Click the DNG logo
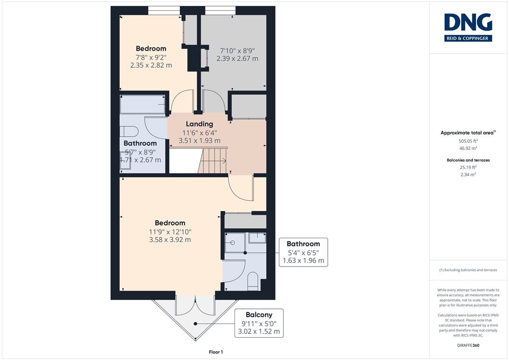[x=468, y=27]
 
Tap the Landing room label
[x=199, y=124]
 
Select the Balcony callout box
[x=259, y=323]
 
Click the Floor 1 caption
[x=216, y=352]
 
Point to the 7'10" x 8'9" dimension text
[x=237, y=51]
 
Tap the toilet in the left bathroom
[x=129, y=131]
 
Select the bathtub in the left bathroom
[x=143, y=104]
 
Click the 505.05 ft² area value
[x=468, y=141]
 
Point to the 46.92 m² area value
[x=468, y=148]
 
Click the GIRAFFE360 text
[x=468, y=346]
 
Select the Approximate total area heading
[x=468, y=132]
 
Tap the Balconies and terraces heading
[x=468, y=160]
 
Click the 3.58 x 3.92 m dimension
[x=170, y=240]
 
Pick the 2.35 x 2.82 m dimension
[x=151, y=65]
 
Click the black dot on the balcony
[x=196, y=324]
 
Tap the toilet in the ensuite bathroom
[x=253, y=281]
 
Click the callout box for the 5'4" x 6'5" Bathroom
[x=303, y=252]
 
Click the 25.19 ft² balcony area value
[x=468, y=168]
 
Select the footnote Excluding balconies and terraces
[x=468, y=270]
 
